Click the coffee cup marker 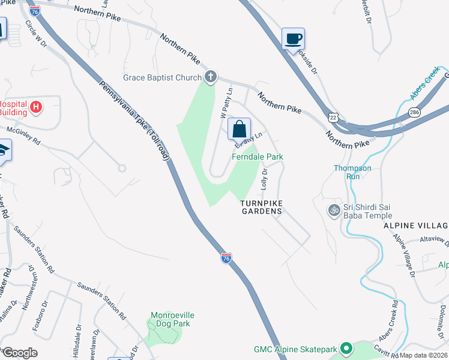(293, 39)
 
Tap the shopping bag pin (239, 128)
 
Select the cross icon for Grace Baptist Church (210, 76)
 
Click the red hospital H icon (36, 107)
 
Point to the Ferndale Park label (258, 157)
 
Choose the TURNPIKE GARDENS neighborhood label (261, 208)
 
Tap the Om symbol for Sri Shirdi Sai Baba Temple (333, 210)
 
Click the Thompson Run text (352, 172)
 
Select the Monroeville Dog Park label (172, 319)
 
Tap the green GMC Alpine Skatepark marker (346, 348)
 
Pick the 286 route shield (414, 112)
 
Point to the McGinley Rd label (23, 136)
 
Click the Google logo (19, 352)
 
